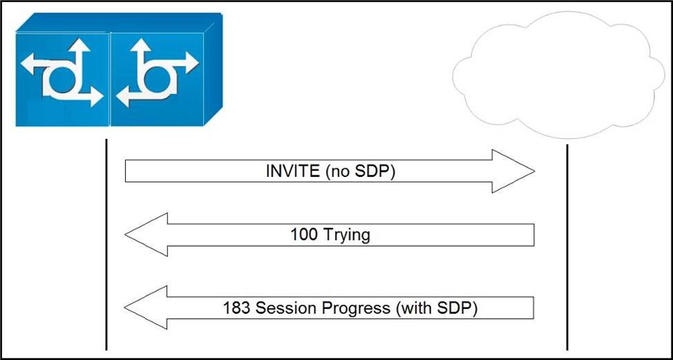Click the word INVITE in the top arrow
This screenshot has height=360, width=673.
pos(293,171)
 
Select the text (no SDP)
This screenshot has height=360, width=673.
pos(360,171)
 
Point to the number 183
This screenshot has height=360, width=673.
pos(236,308)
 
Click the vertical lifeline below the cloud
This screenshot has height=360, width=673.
pos(567,247)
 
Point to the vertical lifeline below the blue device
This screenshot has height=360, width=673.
pos(106,244)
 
